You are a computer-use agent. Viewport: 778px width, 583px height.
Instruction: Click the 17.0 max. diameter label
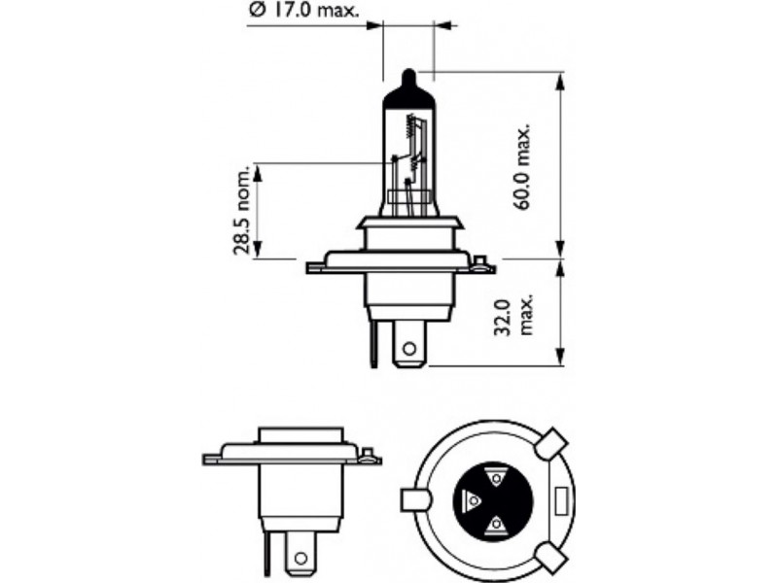tap(303, 10)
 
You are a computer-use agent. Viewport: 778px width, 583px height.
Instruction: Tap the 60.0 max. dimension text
tap(522, 166)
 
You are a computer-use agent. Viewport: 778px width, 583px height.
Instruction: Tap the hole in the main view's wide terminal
tap(409, 349)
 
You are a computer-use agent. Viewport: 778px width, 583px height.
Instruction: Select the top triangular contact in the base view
tap(495, 477)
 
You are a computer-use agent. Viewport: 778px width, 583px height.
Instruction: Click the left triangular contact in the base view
tap(472, 501)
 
